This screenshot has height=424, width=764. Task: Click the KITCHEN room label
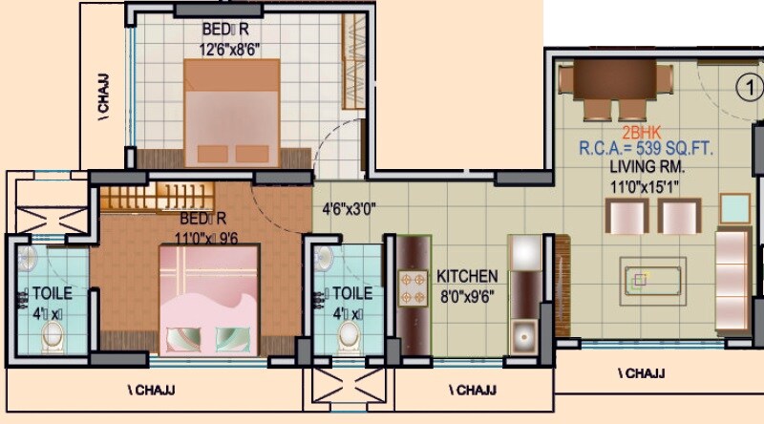468,276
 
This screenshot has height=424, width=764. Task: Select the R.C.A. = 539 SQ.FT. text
644,149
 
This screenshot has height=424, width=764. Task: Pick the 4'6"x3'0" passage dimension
350,206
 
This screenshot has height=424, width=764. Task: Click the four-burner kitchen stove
414,286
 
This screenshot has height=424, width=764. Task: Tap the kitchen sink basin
524,334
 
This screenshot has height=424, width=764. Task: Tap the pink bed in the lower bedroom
210,301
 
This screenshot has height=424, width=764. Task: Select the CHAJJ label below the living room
641,372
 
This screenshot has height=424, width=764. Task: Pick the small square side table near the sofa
734,207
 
